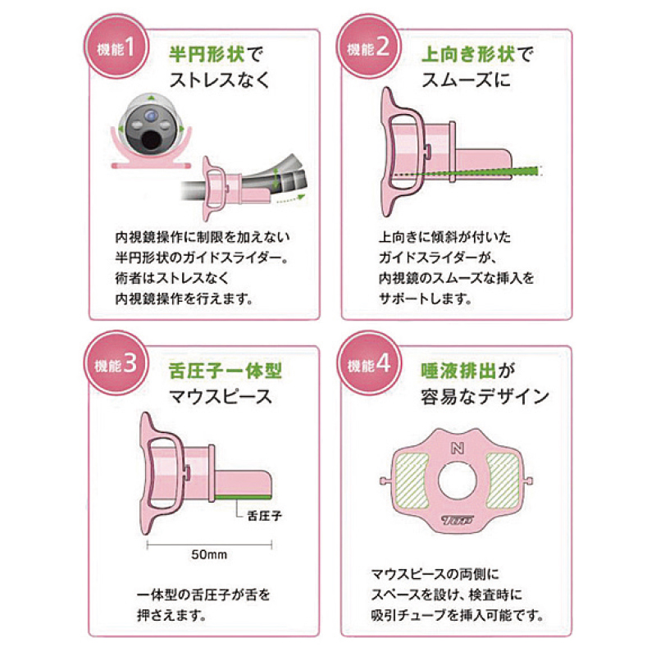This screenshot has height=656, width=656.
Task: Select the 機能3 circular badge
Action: [x=116, y=363]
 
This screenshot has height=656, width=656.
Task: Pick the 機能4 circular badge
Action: [x=367, y=363]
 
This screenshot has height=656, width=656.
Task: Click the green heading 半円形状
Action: [x=207, y=54]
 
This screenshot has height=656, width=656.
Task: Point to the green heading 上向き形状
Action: [x=468, y=54]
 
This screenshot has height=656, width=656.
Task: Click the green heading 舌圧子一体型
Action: [x=225, y=371]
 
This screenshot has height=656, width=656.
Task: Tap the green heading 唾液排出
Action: [x=458, y=371]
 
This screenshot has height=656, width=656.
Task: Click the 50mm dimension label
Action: [x=209, y=555]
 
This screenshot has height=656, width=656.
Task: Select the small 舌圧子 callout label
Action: [x=264, y=516]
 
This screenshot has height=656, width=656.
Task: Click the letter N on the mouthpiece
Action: [x=458, y=448]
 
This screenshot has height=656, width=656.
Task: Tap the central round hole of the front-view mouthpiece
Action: [x=458, y=481]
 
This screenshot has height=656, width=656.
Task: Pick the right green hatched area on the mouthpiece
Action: [x=503, y=481]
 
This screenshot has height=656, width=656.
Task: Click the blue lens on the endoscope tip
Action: [x=151, y=114]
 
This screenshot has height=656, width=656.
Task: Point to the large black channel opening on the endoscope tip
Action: [x=151, y=141]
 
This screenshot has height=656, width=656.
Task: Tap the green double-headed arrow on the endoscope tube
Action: [x=276, y=178]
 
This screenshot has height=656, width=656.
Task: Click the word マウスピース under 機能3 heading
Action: [x=221, y=397]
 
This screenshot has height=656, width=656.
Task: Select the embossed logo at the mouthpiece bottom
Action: [x=458, y=520]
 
